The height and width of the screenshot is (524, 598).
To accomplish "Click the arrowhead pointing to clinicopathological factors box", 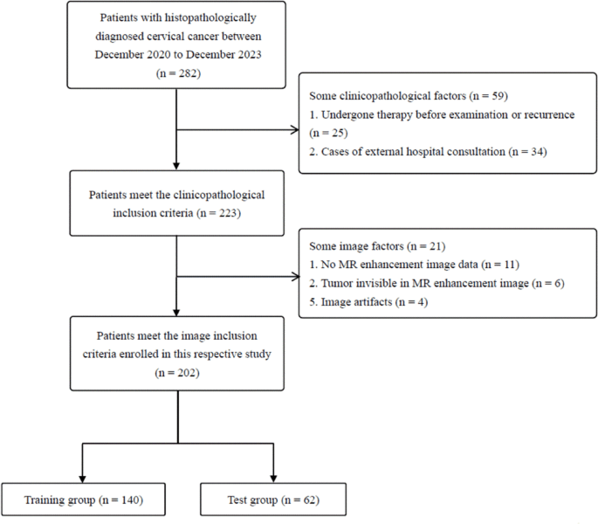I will (294, 130).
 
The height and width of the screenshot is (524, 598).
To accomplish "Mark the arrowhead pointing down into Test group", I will (275, 477).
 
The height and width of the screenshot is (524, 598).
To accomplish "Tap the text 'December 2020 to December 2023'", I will (177, 54).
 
